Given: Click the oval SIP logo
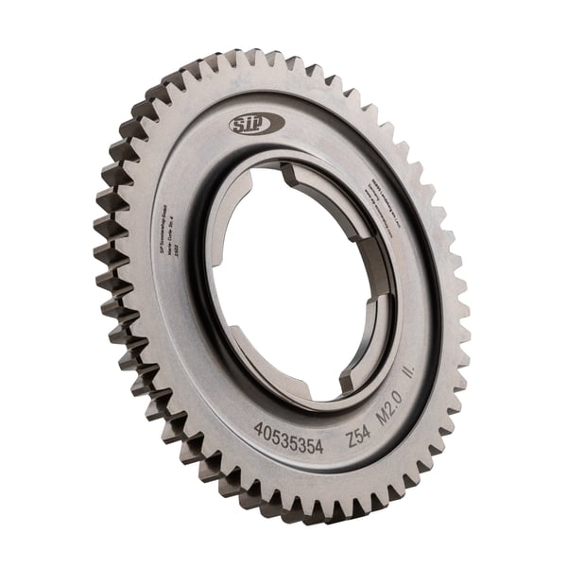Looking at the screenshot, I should click(x=256, y=124).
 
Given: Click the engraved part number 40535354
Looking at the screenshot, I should click(x=288, y=437).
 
